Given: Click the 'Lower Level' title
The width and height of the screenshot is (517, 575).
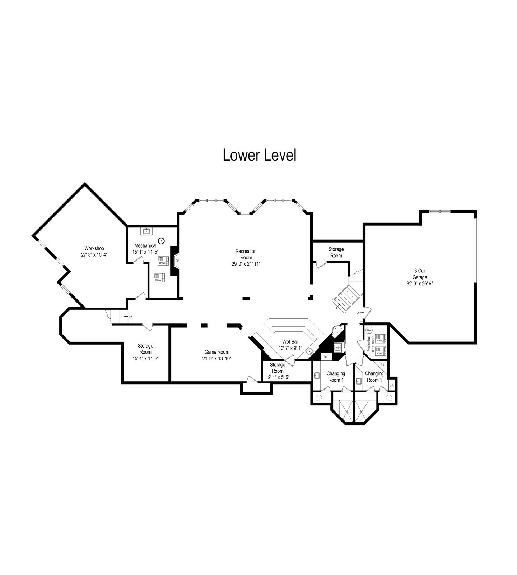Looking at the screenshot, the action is point(260,155).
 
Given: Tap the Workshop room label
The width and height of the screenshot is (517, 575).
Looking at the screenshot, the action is point(94,248).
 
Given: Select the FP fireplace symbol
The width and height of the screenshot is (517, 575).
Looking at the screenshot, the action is point(177,261).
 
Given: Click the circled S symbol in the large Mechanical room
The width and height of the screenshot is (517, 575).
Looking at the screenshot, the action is point(161,240).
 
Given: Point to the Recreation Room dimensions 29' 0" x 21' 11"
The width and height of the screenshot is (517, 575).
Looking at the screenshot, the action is point(246,264).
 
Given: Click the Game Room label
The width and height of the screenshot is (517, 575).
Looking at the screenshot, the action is point(217,352).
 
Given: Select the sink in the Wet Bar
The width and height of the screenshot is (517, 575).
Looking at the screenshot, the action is point(309,352).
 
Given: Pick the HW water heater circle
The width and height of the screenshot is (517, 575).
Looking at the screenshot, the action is point(369,330).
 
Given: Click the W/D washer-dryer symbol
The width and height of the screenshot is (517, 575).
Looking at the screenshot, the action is point(337,348).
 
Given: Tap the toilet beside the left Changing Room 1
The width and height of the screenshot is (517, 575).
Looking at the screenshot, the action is point(318,397).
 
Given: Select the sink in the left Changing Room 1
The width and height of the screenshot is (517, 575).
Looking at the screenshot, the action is point(317,376).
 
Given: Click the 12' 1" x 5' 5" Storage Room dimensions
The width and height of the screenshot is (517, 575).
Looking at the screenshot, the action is point(277,378).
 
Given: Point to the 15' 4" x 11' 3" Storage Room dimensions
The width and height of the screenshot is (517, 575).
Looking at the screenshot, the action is point(145,358).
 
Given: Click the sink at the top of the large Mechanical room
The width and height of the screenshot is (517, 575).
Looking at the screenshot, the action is point(146,231).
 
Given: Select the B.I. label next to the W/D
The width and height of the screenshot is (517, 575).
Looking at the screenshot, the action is point(326,357).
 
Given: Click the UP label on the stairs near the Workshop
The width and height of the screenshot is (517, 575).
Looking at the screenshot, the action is point(130,316).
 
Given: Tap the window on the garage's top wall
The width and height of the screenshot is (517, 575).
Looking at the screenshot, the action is point(440,212).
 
